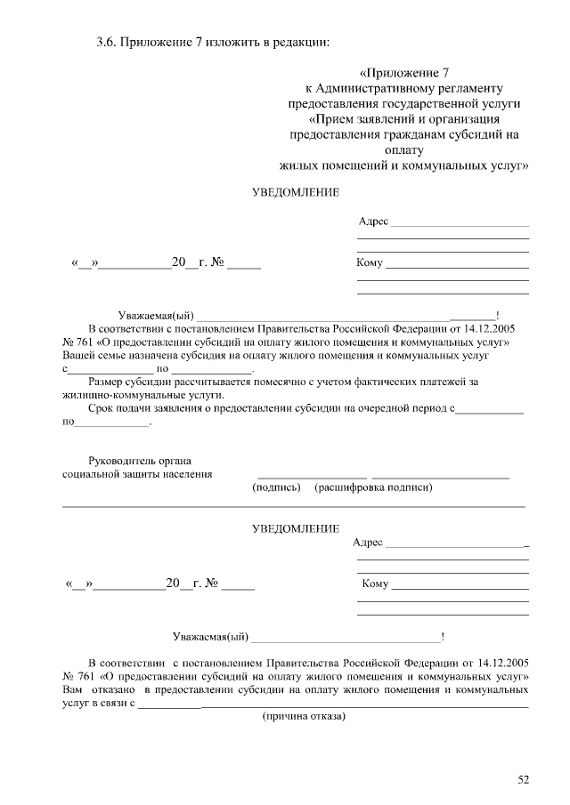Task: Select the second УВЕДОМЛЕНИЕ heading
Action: coord(295,528)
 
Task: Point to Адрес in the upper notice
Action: coord(373,221)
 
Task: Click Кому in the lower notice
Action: coord(375,584)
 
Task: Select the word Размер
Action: coord(106,382)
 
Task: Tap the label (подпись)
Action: coord(275,487)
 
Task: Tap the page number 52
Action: coord(523,780)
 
